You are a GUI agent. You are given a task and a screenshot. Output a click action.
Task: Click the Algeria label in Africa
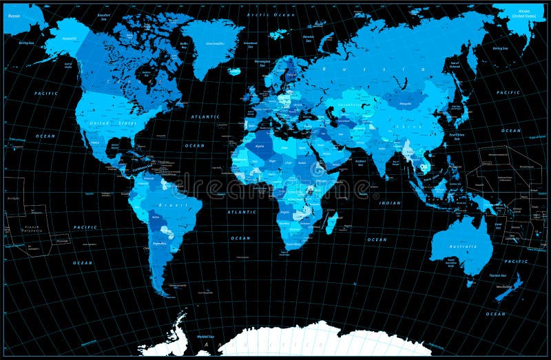click(x=260, y=145)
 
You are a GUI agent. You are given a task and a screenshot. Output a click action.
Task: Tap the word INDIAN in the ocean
click(x=390, y=203)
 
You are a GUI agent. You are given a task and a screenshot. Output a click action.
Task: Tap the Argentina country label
click(x=160, y=243)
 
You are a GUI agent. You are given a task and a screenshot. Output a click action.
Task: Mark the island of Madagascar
click(x=330, y=222)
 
